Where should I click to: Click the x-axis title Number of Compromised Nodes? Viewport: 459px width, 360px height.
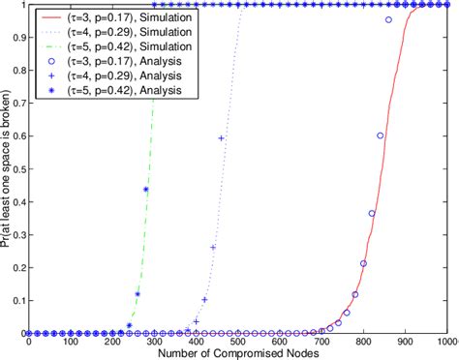236,352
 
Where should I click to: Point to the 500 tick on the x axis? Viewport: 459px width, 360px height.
237,341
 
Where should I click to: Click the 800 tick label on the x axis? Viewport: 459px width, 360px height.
362,341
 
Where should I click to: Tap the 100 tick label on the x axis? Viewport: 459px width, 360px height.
71,341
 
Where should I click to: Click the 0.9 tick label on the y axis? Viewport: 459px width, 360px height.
16,38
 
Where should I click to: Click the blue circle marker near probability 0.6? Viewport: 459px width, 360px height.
380,136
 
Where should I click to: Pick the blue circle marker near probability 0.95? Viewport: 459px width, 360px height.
388,20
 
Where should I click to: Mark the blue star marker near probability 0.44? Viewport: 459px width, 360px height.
145,190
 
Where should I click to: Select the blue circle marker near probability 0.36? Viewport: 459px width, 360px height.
372,214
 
